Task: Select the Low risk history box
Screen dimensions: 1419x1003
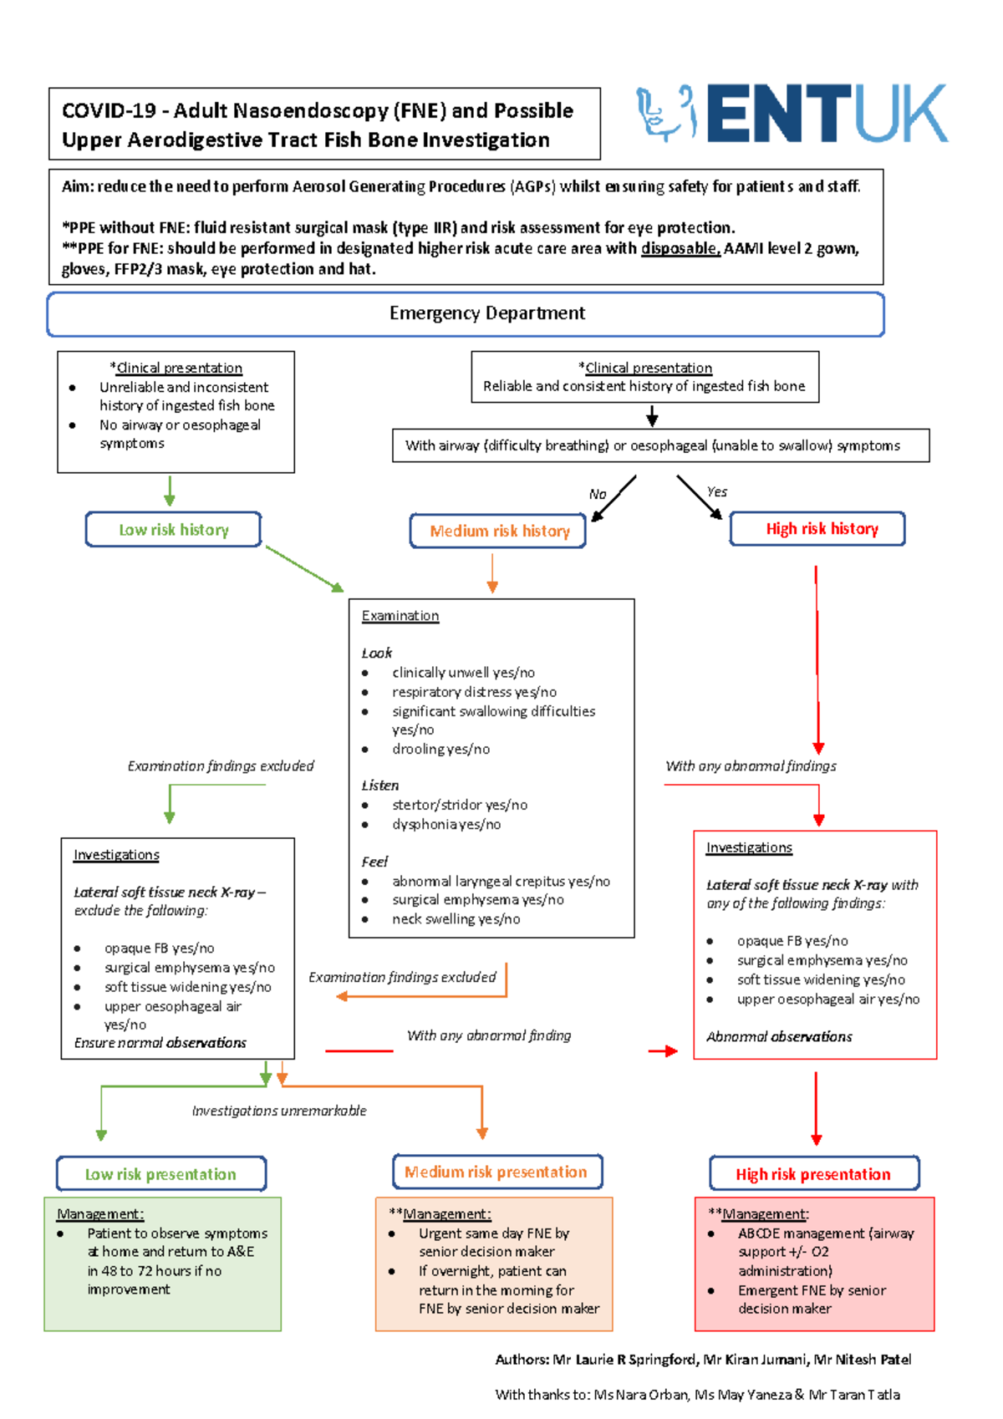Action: (x=173, y=530)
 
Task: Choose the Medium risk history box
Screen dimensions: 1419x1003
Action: (x=498, y=531)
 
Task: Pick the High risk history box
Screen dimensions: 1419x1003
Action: (x=817, y=529)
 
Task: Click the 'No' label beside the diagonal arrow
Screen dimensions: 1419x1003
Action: (x=597, y=494)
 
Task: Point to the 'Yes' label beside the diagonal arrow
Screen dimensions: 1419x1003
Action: (x=717, y=491)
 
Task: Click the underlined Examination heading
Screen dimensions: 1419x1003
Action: (x=400, y=616)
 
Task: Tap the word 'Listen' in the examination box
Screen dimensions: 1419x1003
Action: (x=379, y=786)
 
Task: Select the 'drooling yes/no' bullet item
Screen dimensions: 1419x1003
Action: (x=440, y=749)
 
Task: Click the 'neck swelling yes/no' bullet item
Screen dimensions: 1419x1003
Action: (x=456, y=919)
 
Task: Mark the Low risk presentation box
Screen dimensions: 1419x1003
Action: (x=161, y=1174)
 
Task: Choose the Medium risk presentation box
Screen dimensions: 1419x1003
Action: (x=496, y=1172)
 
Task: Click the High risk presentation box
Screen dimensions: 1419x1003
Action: (x=813, y=1174)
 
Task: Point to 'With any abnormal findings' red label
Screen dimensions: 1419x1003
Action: (x=751, y=765)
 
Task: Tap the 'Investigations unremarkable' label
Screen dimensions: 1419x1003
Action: (x=279, y=1111)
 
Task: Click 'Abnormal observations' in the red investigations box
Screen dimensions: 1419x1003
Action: (x=779, y=1036)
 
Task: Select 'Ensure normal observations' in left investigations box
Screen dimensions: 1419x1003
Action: (x=160, y=1043)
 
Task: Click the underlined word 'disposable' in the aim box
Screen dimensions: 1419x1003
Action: (x=680, y=248)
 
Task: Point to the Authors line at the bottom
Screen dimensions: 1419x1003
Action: (x=703, y=1360)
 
